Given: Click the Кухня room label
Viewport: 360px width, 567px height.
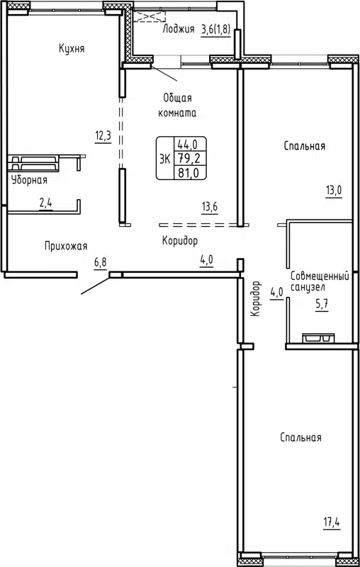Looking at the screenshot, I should [72, 48].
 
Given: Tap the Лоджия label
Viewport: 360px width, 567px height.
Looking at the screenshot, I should [179, 29].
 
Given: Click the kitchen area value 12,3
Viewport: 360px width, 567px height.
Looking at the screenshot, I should [103, 135].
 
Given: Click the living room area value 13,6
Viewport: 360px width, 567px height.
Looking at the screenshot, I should [209, 207].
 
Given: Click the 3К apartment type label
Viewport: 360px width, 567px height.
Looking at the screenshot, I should [164, 158].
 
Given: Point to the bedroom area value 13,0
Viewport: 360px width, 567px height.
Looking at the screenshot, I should [334, 190].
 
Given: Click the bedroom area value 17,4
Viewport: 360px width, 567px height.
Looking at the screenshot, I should [333, 524].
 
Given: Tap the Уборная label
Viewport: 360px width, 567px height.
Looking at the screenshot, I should [29, 180].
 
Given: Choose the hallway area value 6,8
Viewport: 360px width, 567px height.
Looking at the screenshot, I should [101, 262].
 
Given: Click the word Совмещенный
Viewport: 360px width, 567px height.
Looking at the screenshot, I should [320, 275].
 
